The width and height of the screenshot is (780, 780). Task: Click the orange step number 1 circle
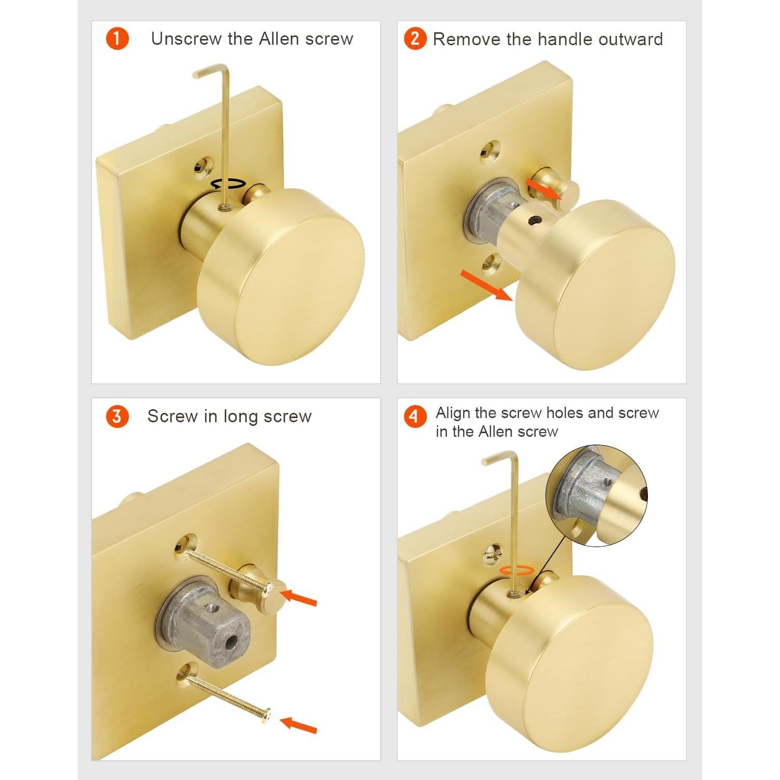pyautogui.click(x=117, y=39)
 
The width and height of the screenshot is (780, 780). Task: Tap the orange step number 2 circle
pyautogui.click(x=415, y=39)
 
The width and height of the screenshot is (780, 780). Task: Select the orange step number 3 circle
pyautogui.click(x=117, y=417)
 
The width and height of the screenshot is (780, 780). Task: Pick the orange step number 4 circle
pyautogui.click(x=415, y=417)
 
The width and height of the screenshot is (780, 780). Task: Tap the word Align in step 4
pyautogui.click(x=453, y=413)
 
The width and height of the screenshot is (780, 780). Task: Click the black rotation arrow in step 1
pyautogui.click(x=228, y=184)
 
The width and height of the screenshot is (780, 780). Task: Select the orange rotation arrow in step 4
pyautogui.click(x=516, y=570)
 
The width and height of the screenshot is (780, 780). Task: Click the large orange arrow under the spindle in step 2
pyautogui.click(x=487, y=285)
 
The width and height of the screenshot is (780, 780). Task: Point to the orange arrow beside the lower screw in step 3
pyautogui.click(x=298, y=725)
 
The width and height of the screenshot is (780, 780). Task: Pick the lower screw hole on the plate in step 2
pyautogui.click(x=490, y=265)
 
